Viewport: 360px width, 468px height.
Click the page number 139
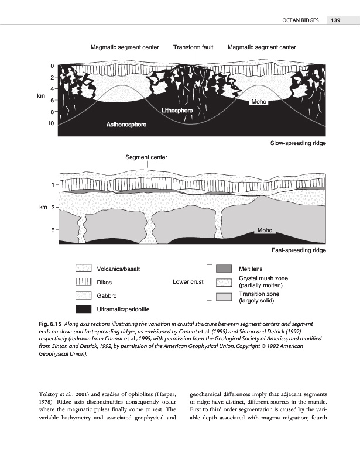[335, 21]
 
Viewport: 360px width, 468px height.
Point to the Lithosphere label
[177, 111]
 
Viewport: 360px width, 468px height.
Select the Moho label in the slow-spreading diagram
[259, 102]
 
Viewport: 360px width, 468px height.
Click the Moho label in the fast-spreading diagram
[265, 230]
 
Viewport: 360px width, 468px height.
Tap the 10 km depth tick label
[52, 123]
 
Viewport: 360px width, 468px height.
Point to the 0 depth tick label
[52, 66]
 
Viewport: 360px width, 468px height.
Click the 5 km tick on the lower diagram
[53, 230]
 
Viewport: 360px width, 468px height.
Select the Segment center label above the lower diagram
[146, 157]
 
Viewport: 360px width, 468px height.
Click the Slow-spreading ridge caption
[298, 143]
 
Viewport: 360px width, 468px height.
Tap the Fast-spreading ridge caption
[299, 250]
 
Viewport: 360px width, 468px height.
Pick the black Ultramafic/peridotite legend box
[83, 309]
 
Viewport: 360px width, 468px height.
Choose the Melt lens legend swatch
[224, 269]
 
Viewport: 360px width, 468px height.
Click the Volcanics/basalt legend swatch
[83, 269]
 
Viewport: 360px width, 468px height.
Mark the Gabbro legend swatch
[83, 296]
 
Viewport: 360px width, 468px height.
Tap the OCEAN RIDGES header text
[300, 21]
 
